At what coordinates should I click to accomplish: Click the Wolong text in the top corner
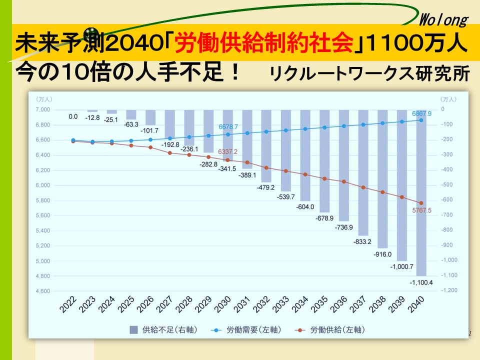[443, 20]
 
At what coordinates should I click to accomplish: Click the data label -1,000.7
[402, 266]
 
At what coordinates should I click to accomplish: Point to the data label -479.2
[266, 187]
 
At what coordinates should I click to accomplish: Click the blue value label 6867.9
[421, 113]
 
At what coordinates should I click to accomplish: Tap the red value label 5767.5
[421, 210]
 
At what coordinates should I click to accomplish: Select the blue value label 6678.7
[227, 127]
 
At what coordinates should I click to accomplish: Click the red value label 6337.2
[227, 151]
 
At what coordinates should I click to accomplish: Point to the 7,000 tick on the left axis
[43, 109]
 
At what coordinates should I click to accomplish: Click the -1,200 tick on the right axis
[449, 291]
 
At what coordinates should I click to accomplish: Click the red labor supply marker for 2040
[421, 202]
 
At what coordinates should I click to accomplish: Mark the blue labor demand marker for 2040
[421, 120]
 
